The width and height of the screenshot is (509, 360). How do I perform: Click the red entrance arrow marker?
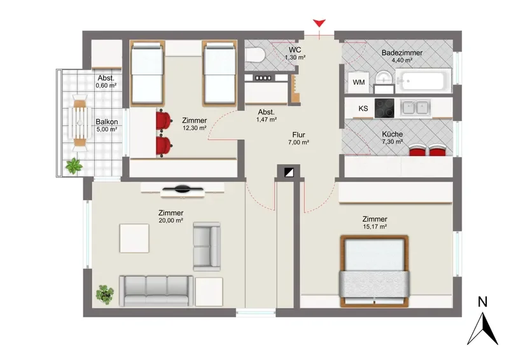(319, 24)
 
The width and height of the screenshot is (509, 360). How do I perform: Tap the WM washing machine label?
(358, 83)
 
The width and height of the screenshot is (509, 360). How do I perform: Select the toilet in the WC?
(254, 55)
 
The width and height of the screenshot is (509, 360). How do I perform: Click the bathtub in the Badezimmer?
(422, 81)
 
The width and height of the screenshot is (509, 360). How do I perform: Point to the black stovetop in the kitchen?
(384, 108)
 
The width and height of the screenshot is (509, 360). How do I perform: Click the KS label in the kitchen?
(363, 108)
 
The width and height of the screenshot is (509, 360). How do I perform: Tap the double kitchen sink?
(415, 107)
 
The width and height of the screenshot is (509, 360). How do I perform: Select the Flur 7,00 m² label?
(298, 138)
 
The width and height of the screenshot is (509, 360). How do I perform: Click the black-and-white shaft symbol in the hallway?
(289, 172)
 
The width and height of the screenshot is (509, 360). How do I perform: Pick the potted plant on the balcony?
(74, 166)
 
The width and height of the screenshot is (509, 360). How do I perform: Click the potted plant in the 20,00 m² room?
(105, 294)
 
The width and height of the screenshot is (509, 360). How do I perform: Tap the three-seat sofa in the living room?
(156, 291)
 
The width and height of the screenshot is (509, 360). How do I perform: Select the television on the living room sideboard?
(183, 189)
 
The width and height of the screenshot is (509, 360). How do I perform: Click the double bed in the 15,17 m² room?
(374, 272)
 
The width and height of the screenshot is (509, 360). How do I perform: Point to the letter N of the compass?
(482, 302)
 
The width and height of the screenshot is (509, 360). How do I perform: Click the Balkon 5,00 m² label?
(107, 125)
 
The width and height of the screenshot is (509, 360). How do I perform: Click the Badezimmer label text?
(402, 53)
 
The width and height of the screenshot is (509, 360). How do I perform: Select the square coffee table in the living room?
(134, 239)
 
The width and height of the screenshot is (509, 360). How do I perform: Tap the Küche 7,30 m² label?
(393, 137)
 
